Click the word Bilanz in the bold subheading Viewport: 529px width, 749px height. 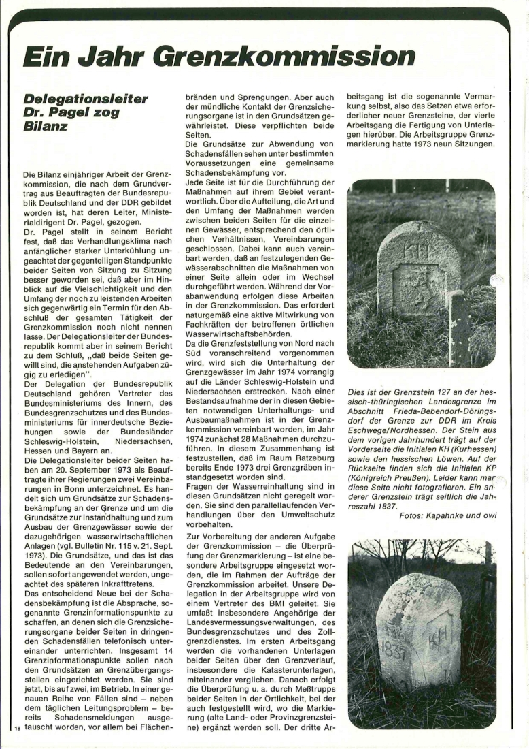click(46, 127)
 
